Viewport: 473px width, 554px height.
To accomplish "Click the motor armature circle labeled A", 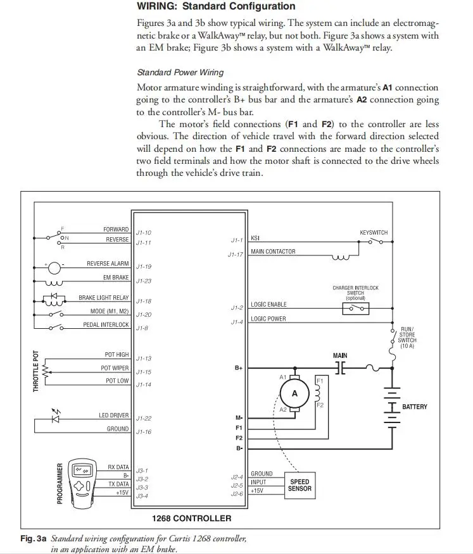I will click(x=294, y=393).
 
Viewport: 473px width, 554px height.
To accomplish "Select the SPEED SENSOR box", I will click(x=300, y=485).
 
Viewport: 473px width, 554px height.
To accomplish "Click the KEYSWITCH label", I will click(x=374, y=233).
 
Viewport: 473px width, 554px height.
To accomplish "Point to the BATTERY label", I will click(x=415, y=407).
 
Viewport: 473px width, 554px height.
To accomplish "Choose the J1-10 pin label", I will click(x=143, y=233).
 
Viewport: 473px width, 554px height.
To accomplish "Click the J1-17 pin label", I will click(x=236, y=254).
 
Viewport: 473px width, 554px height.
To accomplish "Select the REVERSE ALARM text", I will click(x=108, y=264).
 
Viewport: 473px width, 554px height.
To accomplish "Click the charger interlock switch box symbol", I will click(x=355, y=309).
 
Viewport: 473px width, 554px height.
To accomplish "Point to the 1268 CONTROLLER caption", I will click(x=191, y=519).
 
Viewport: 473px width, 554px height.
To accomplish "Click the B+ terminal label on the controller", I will click(x=239, y=367).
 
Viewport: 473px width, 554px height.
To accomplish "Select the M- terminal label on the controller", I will click(x=239, y=418).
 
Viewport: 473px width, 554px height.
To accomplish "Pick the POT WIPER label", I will click(x=115, y=368).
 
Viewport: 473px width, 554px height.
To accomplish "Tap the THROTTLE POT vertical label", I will click(x=37, y=371).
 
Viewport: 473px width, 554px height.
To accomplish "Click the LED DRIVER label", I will click(x=113, y=416).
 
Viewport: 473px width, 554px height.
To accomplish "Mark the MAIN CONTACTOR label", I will click(x=273, y=252).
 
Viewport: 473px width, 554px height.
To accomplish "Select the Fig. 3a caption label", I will click(x=33, y=539).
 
